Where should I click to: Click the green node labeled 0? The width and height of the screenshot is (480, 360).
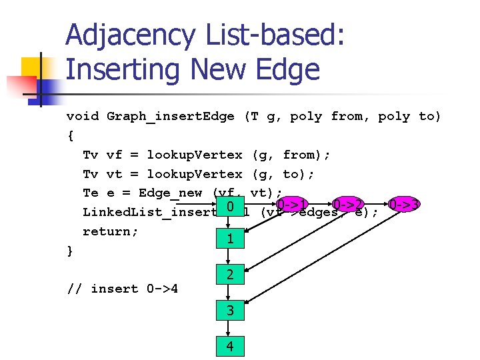[229, 208]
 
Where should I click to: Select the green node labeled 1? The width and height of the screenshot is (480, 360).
[229, 239]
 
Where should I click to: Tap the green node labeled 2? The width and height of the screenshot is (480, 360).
[229, 274]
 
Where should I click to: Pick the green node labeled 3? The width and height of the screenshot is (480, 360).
[229, 310]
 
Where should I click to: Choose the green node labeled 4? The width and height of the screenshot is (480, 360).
[229, 346]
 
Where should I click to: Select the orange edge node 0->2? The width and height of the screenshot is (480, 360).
[347, 204]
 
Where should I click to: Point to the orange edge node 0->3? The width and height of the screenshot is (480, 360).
[404, 204]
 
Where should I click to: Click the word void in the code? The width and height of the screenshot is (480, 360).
[83, 117]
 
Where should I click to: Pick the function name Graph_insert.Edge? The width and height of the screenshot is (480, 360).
[171, 117]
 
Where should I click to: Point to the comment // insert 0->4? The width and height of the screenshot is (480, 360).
[127, 289]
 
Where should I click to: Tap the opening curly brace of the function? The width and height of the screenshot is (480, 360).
[71, 136]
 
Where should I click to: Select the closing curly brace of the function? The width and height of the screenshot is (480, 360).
[71, 251]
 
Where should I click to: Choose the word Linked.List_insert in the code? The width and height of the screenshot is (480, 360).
[147, 213]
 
